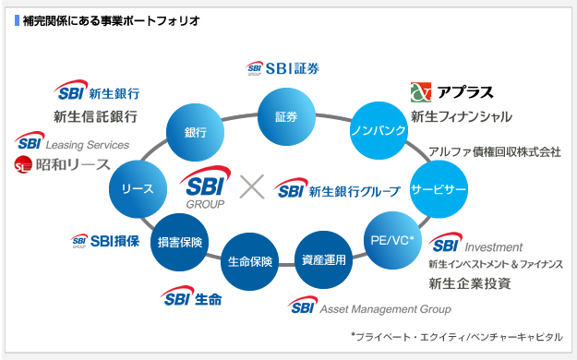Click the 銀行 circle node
195,132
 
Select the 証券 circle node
286,117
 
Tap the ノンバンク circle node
379,131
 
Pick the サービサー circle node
438,188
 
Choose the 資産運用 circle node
323,259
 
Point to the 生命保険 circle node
250,260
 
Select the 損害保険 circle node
181,242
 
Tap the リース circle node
138,188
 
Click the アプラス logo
451,91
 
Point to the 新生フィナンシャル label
461,117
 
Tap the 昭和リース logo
62,165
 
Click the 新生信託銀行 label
96,116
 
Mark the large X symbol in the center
251,187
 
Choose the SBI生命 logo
192,298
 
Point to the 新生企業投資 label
470,283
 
